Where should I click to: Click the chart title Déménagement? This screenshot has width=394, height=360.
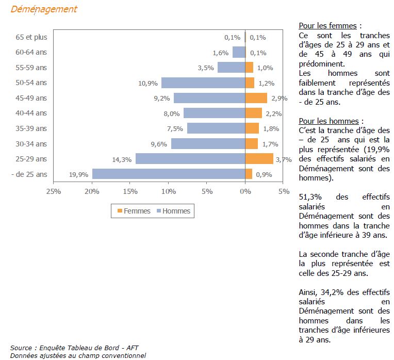(x=44, y=9)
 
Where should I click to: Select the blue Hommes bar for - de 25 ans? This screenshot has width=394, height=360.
(x=169, y=174)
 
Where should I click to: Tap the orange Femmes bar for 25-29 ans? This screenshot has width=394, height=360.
(x=259, y=159)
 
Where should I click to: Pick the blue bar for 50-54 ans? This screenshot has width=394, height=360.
(x=203, y=83)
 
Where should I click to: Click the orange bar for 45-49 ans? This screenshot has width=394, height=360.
(x=256, y=98)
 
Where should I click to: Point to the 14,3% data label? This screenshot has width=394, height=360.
(x=122, y=159)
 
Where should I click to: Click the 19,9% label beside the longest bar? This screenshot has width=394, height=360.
(x=78, y=175)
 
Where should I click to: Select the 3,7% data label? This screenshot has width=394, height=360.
(x=284, y=159)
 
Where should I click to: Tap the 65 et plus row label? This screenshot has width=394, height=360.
(x=31, y=37)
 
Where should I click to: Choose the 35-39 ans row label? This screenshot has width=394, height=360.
(x=31, y=128)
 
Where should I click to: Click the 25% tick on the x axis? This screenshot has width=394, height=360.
(x=54, y=192)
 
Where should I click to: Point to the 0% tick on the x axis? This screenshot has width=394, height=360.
(x=245, y=192)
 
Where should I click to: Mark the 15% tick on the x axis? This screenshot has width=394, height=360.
(x=130, y=192)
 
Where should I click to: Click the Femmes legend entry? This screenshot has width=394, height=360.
(x=134, y=211)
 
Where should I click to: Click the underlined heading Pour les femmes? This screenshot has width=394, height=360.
(x=329, y=26)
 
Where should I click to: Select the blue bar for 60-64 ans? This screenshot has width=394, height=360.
(x=239, y=52)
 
